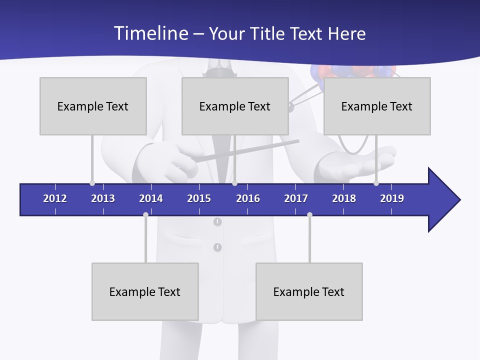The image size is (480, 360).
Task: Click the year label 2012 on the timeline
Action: tap(55, 198)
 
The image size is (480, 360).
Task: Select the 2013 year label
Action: tap(103, 198)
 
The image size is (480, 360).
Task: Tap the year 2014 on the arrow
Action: tap(151, 198)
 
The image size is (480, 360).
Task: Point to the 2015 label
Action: tap(199, 198)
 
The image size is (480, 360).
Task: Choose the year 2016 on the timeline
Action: tap(248, 198)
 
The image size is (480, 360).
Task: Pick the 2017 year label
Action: tap(296, 198)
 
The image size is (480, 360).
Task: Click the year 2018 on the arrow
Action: tap(344, 198)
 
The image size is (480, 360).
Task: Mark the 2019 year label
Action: tap(392, 198)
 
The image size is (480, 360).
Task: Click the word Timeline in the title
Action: tap(149, 33)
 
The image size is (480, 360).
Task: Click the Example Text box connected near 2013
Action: tap(93, 106)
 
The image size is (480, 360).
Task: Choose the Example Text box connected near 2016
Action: tap(235, 106)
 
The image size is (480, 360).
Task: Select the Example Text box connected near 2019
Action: tap(377, 106)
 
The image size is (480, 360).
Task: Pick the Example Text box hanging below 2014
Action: tap(145, 291)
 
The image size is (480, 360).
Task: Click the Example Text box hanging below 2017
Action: tap(309, 291)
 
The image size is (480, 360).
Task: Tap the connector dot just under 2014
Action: tap(145, 214)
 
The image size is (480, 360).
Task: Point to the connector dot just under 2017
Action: tap(309, 214)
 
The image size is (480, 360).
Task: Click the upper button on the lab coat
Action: tap(217, 221)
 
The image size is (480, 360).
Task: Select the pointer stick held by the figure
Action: tap(245, 151)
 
